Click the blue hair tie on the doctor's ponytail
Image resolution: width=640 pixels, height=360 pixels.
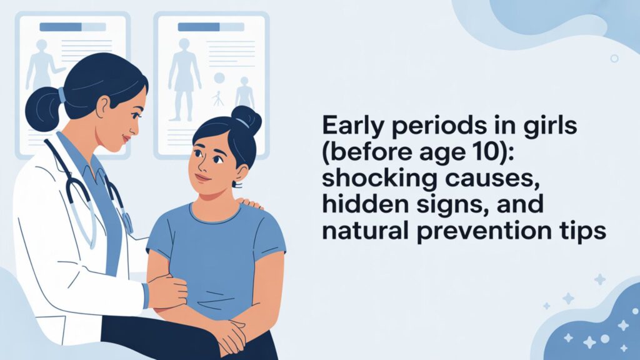tap(62, 95)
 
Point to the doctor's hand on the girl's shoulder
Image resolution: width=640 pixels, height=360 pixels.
tap(250, 204)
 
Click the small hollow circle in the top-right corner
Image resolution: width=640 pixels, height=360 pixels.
tap(614, 58)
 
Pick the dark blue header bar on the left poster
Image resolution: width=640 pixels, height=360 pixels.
tap(61, 27)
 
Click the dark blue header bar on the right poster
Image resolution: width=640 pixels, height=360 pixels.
tap(199, 27)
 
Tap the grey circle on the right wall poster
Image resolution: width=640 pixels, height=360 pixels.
tap(219, 78)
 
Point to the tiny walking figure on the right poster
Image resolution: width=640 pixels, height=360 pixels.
tap(217, 98)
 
